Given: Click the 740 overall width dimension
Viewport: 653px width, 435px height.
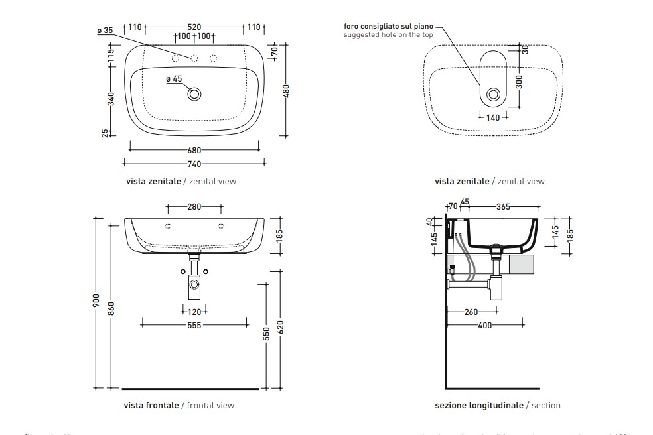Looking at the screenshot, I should click(194, 164).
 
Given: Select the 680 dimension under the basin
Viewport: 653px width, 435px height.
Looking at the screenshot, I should click(194, 151).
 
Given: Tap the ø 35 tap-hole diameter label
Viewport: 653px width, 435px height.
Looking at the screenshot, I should click(105, 31).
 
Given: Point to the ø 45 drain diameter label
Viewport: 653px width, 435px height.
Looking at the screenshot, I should click(173, 79).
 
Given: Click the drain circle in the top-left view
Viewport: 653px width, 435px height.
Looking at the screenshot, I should click(194, 94).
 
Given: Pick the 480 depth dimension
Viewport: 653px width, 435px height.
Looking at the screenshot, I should click(287, 92).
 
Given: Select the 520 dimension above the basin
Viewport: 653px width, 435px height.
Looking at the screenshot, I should click(194, 27).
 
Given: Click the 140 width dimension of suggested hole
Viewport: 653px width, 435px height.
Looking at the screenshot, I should click(493, 117).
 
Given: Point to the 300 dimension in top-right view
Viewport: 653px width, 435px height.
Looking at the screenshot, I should click(520, 81).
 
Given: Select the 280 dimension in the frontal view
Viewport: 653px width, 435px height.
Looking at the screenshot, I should click(194, 207).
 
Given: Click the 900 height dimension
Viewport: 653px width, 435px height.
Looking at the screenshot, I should click(97, 302).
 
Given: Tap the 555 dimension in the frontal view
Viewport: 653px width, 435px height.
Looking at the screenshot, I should click(194, 326).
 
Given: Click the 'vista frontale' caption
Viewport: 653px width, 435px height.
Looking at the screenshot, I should click(151, 405).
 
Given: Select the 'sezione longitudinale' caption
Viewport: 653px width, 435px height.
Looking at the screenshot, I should click(478, 405).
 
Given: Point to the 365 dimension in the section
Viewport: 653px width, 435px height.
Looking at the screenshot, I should click(503, 207).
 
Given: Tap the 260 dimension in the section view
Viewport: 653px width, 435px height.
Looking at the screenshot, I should click(472, 312).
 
